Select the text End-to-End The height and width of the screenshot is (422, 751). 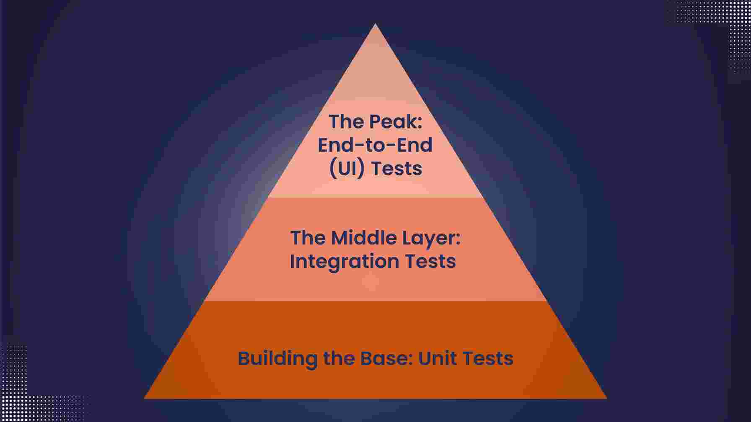pyautogui.click(x=375, y=145)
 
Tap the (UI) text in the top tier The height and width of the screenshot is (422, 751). pyautogui.click(x=347, y=169)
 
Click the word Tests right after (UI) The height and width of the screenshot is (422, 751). pyautogui.click(x=396, y=169)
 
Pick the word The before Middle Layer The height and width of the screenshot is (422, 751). pyautogui.click(x=308, y=238)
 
